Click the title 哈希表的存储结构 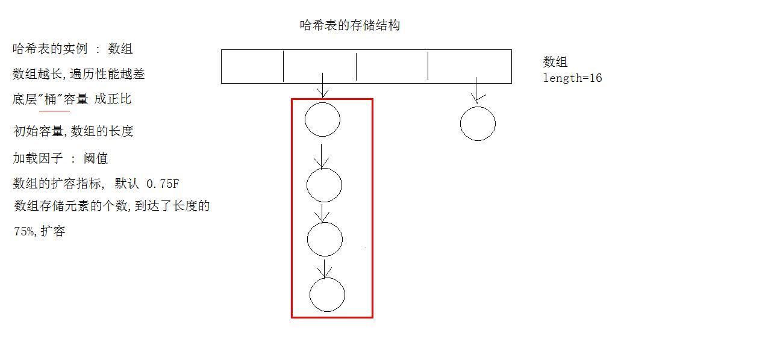point(350,25)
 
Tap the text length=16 point(572,78)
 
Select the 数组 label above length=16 point(555,62)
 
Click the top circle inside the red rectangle point(322,120)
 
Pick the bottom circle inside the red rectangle point(327,294)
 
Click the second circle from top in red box point(324,185)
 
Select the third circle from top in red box point(325,239)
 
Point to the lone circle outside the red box point(478,124)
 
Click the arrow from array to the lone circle point(476,91)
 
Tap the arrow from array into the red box point(323,85)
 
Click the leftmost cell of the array point(252,66)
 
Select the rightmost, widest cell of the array point(469,66)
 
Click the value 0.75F point(163,184)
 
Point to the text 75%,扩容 point(39,231)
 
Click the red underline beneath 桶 point(54,111)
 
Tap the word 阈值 point(96,158)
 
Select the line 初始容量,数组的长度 point(73,131)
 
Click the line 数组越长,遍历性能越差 point(78,74)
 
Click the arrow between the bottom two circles point(325,268)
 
